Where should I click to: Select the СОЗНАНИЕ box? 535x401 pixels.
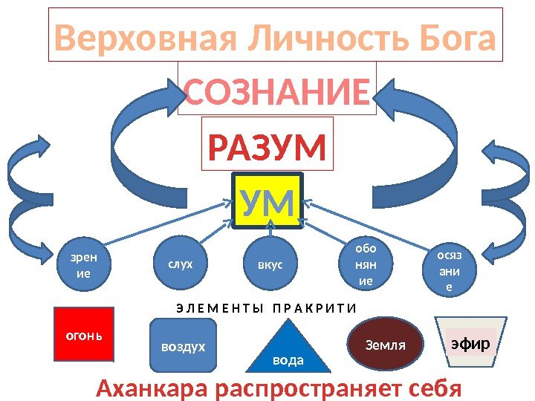point(277,94)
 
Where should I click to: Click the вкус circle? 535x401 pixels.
point(270,264)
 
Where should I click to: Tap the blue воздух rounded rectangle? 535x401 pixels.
point(183,345)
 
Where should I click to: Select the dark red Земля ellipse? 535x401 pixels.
point(386,345)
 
